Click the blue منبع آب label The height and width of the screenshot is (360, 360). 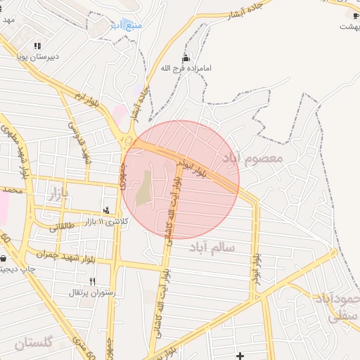pos(127,25)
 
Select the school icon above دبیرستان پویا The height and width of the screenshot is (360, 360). pos(37,46)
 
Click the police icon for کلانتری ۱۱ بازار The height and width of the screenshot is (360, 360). pos(106,210)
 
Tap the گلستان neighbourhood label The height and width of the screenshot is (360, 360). pos(33,344)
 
